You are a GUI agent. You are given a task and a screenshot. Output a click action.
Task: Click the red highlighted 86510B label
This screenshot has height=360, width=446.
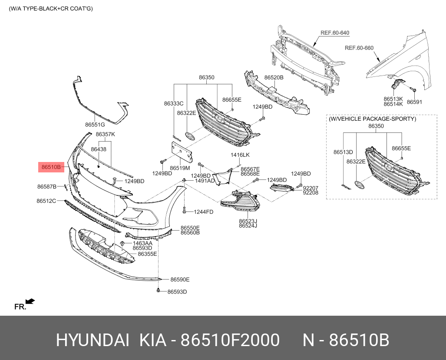click(x=51, y=166)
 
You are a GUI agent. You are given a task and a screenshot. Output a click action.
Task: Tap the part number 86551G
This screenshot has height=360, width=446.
click(x=95, y=125)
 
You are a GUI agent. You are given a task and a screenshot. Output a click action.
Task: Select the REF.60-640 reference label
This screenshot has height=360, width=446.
click(x=335, y=33)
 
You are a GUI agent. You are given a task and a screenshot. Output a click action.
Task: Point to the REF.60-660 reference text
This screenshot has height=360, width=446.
click(x=359, y=48)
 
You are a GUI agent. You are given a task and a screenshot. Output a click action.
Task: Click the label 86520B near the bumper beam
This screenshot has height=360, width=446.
click(x=274, y=78)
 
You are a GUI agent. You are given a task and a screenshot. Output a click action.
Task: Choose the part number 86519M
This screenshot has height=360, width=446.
click(x=180, y=168)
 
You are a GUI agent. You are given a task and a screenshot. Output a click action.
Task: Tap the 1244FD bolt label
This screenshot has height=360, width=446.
click(x=203, y=212)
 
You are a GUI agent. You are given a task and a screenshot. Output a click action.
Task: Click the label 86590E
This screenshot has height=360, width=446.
click(x=180, y=280)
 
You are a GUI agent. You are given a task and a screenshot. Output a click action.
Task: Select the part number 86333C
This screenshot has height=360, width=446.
click(x=174, y=104)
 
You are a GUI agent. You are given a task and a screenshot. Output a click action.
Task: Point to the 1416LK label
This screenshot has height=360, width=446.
click(x=240, y=155)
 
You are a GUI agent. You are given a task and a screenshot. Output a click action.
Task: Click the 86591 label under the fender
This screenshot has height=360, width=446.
click(x=414, y=102)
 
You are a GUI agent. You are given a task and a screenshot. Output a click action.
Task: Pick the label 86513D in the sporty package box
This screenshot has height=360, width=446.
click(x=343, y=152)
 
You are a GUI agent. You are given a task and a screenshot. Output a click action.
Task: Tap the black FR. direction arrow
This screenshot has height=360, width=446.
click(x=30, y=301)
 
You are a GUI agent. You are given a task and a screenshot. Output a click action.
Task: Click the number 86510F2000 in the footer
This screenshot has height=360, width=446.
click(x=230, y=341)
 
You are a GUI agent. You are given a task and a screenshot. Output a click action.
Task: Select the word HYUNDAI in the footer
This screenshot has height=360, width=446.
click(x=92, y=341)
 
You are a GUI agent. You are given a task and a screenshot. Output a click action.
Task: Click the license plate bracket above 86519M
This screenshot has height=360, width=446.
click(x=180, y=152)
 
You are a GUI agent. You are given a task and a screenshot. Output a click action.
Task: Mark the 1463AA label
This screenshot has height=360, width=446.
click(x=142, y=243)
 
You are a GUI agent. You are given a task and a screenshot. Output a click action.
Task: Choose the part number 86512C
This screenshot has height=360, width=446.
click(x=46, y=201)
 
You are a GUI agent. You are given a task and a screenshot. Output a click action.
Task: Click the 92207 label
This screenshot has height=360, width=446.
click(x=311, y=188)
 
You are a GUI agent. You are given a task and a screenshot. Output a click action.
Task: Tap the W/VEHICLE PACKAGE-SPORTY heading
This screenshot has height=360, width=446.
click(x=372, y=119)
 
